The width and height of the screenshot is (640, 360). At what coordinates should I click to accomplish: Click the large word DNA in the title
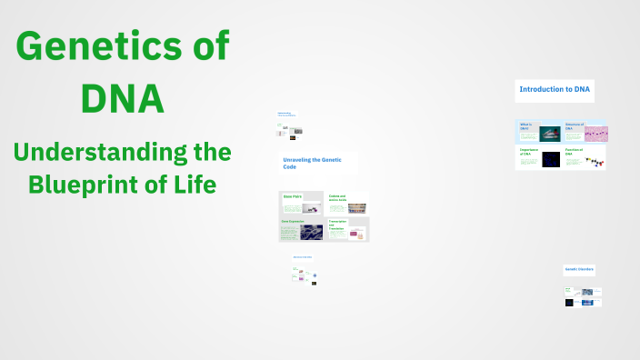[123, 97]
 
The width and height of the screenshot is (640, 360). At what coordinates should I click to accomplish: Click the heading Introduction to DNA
[554, 89]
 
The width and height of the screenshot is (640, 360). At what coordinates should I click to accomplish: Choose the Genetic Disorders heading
[579, 269]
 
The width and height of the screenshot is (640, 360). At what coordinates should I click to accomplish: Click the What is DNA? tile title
[526, 126]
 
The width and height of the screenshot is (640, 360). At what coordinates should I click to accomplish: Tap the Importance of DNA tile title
[528, 152]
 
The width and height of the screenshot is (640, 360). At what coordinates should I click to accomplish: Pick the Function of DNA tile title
[574, 152]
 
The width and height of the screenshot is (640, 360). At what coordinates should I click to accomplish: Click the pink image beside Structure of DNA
[595, 134]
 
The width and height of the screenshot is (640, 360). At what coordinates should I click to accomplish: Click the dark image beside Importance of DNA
[551, 160]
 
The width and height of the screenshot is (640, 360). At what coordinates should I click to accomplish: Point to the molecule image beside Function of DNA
[595, 162]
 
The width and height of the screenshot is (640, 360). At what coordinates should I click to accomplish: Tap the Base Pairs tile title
[292, 195]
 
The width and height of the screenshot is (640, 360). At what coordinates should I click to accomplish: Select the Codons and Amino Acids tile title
[337, 197]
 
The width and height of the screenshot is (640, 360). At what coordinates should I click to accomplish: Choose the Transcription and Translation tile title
[337, 225]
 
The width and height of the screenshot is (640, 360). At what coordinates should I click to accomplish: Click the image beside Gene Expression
[312, 232]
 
